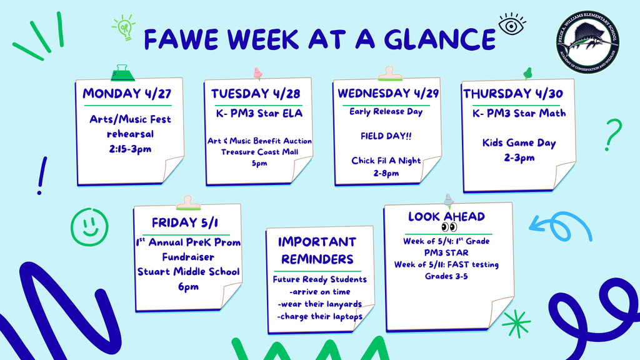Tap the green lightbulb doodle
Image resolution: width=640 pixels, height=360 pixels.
[x=124, y=27]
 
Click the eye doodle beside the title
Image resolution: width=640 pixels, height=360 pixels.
[x=511, y=24]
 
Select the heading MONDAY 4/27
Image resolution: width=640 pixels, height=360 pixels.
[x=127, y=94]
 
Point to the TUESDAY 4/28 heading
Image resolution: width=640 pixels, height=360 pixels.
[x=255, y=94]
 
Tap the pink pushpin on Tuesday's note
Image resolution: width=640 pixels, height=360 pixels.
[x=257, y=74]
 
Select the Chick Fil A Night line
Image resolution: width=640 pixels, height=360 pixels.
[x=386, y=161]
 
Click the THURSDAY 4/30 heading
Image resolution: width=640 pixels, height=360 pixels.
[x=513, y=94]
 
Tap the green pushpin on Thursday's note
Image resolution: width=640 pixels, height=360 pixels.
[x=527, y=73]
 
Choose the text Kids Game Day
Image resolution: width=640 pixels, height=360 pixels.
[x=519, y=143]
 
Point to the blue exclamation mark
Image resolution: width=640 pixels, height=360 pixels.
[x=42, y=175]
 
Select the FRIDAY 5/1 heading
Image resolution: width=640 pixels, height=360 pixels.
[x=185, y=223]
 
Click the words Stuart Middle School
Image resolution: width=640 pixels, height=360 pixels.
[x=188, y=272]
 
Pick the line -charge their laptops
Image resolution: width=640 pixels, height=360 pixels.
[x=319, y=316]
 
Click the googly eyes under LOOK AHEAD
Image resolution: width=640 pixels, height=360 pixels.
[x=449, y=227]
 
